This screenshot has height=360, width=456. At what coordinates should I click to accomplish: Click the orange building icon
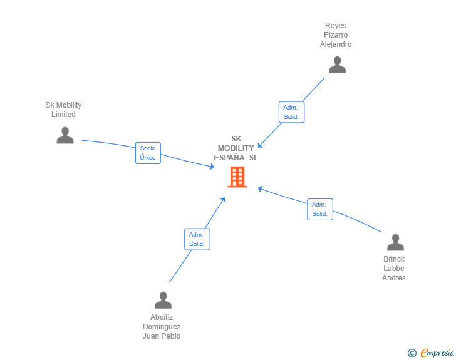[237, 177]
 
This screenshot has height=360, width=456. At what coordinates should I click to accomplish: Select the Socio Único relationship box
[148, 153]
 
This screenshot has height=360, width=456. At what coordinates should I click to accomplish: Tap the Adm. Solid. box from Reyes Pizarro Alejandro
[291, 112]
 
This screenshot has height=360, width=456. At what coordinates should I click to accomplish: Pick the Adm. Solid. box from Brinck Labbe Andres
[320, 209]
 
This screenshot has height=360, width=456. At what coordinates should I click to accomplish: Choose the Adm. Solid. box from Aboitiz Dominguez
[197, 239]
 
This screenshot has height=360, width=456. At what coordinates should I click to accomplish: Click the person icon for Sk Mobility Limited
[65, 135]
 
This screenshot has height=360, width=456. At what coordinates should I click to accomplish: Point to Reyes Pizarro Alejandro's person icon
[338, 64]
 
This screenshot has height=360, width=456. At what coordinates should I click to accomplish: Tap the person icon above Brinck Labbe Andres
[395, 242]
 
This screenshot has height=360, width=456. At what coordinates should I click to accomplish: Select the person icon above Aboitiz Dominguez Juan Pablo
[163, 300]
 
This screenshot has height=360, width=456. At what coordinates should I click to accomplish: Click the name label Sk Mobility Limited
[63, 110]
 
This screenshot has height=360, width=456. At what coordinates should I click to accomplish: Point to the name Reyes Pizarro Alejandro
[336, 35]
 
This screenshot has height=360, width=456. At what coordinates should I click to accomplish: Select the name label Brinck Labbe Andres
[394, 269]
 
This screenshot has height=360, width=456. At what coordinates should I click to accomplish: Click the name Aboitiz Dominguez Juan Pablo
[162, 327]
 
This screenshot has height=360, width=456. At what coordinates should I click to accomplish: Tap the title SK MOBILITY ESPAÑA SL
[236, 148]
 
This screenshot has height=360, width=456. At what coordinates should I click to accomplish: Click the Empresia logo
[437, 352]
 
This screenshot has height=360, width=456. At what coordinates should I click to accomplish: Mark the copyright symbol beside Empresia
[412, 353]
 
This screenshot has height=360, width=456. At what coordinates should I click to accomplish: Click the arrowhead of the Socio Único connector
[212, 167]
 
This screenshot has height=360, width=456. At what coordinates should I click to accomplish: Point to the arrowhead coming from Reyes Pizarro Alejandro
[260, 145]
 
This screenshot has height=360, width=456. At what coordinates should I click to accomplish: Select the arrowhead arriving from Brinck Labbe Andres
[261, 189]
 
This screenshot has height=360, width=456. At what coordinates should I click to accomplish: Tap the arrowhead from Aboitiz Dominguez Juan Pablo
[224, 200]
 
